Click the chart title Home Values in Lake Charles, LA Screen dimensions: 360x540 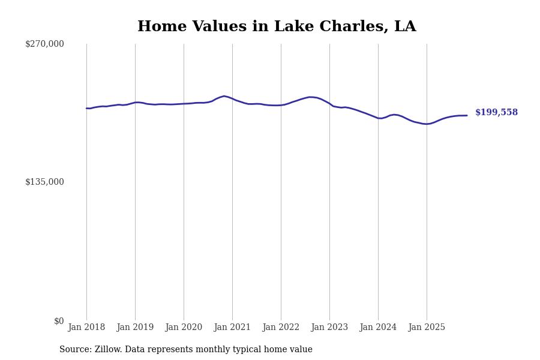[277, 27]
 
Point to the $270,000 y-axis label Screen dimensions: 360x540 [44, 44]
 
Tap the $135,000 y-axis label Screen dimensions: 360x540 [44, 182]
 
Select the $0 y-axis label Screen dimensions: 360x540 [59, 321]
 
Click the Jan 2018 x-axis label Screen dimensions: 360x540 [86, 328]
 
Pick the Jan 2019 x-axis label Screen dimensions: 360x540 [135, 328]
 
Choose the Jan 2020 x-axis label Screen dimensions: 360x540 [184, 328]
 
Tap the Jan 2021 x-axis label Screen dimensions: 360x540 [232, 328]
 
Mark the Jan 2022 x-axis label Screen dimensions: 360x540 [281, 328]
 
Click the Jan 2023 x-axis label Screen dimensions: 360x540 [329, 328]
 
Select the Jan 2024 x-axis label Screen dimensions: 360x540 [378, 328]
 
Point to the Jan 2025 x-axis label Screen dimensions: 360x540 [427, 328]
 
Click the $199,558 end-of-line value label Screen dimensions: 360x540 [496, 113]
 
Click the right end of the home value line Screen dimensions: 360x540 [467, 115]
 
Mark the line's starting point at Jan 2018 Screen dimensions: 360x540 [86, 109]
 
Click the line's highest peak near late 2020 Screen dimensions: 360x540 [224, 96]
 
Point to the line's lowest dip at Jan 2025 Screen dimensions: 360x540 [426, 124]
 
